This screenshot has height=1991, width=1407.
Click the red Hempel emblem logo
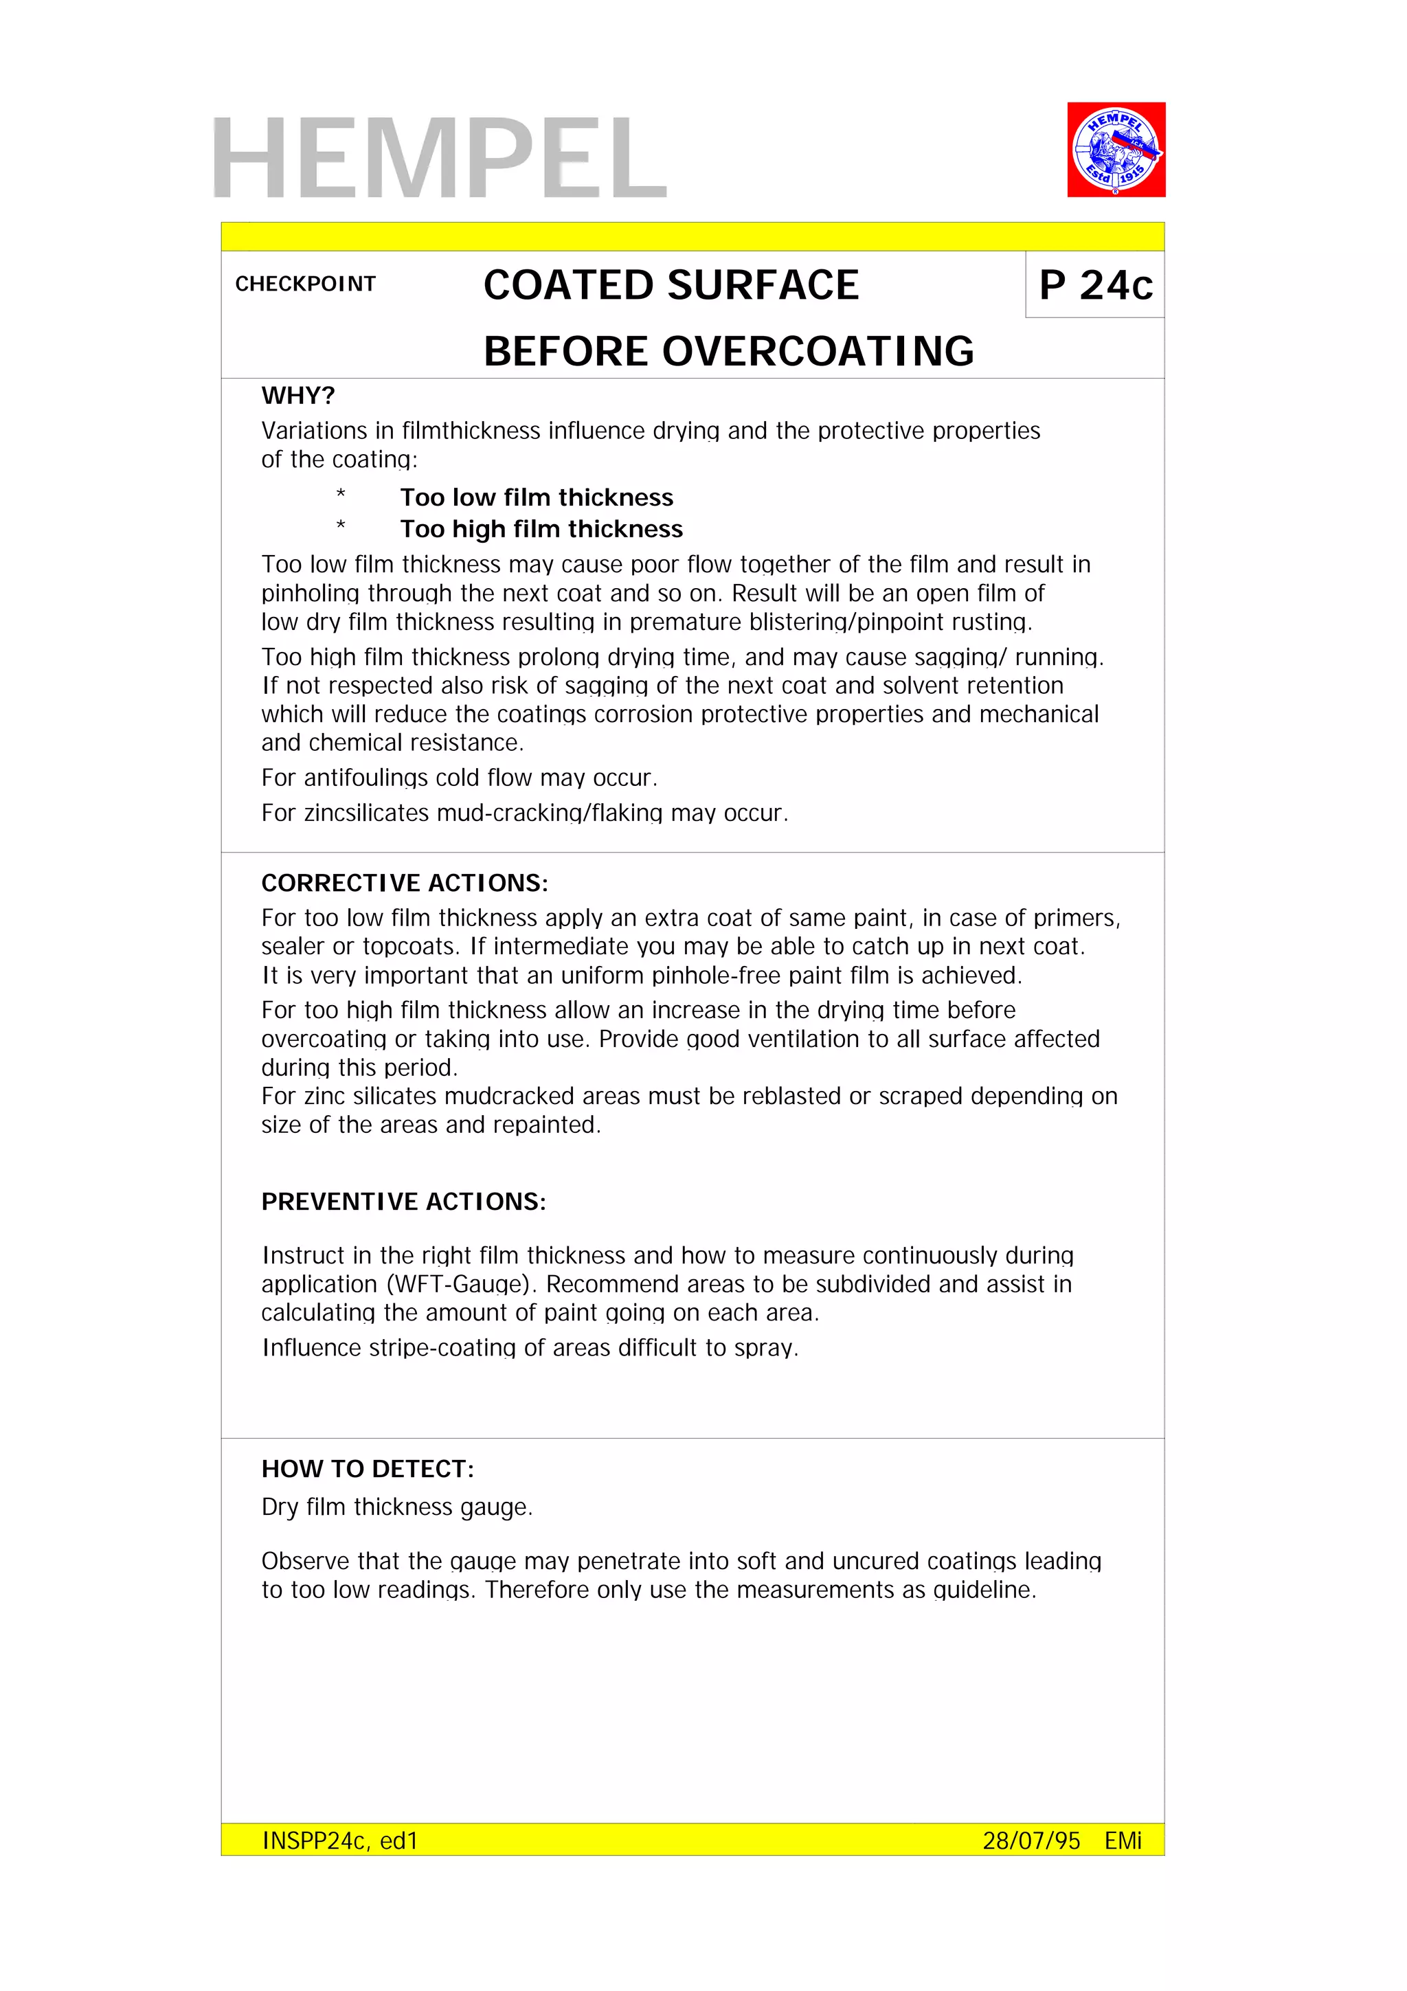(x=1115, y=149)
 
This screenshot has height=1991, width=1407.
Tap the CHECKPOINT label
(x=305, y=284)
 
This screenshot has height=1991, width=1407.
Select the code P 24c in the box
(x=1095, y=285)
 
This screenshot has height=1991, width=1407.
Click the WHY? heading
(x=297, y=396)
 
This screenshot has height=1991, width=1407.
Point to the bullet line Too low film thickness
(x=536, y=497)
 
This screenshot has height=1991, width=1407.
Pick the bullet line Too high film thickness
(x=541, y=529)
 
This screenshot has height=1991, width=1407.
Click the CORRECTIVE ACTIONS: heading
(x=404, y=883)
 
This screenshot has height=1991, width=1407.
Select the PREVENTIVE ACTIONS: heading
(x=403, y=1201)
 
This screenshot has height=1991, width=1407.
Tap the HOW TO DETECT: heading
(x=368, y=1468)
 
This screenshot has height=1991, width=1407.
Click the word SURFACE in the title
(x=763, y=285)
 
